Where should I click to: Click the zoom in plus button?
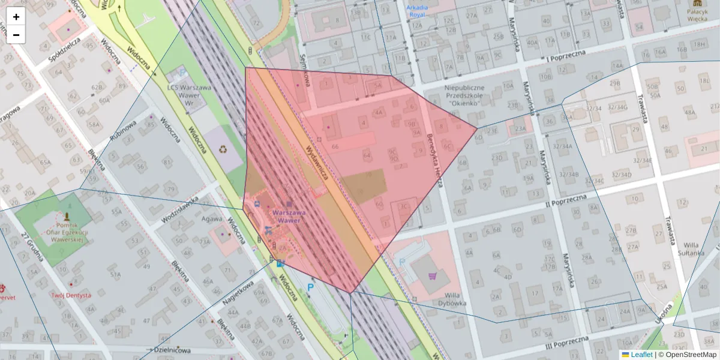click(x=16, y=17)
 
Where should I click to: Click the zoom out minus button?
click(x=16, y=35)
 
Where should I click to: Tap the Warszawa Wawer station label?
click(x=289, y=217)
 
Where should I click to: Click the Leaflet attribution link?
click(x=642, y=355)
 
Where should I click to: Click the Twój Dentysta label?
click(x=71, y=295)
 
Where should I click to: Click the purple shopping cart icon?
click(x=433, y=276)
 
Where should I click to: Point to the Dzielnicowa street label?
click(x=169, y=350)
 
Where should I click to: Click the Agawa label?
click(x=212, y=219)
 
